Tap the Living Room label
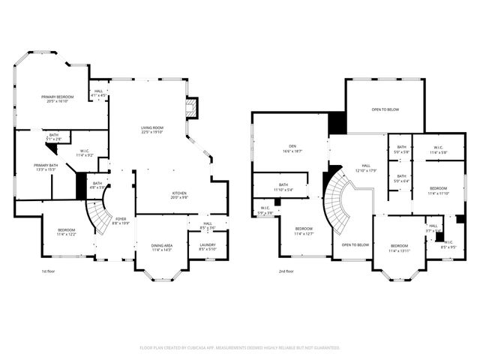point(152,128)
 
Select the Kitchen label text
point(179,193)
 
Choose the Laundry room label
point(208,244)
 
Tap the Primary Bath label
point(46,165)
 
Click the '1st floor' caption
point(49,271)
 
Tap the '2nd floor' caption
point(286,271)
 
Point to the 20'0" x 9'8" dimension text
point(179,198)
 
